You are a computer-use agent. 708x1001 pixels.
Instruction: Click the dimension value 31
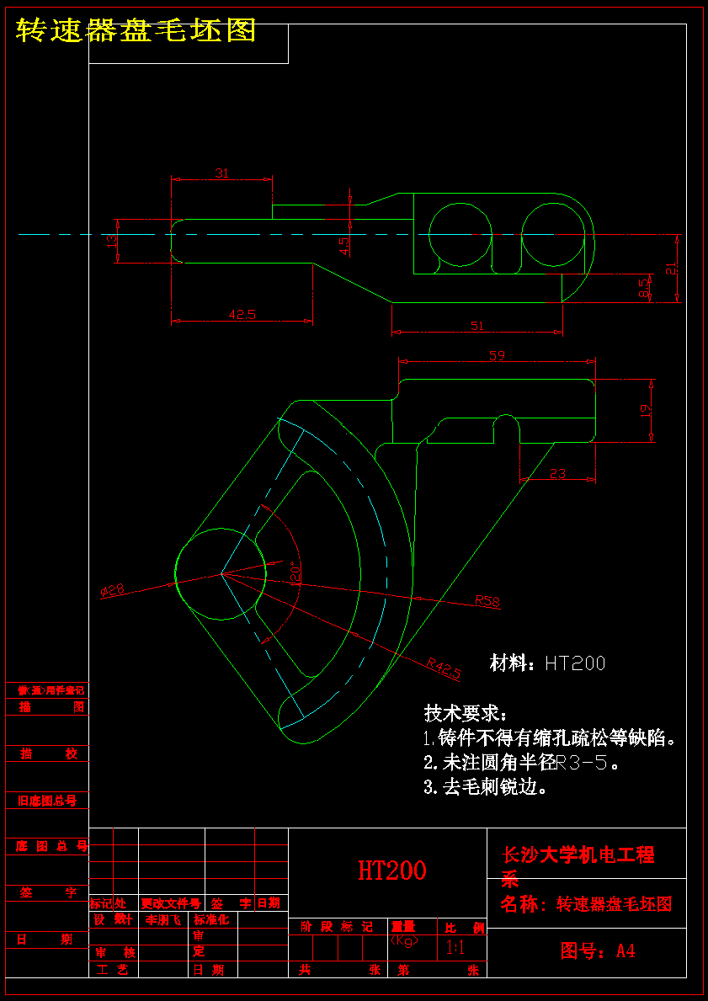221,173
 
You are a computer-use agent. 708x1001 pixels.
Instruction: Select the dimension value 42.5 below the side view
242,315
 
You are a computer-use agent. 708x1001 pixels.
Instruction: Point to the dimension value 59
497,355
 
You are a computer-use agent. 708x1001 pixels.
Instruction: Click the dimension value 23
557,473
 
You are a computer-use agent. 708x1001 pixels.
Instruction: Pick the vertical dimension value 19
646,410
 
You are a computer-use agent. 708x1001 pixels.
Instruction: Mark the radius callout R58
487,600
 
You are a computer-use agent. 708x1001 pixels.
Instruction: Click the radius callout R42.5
444,668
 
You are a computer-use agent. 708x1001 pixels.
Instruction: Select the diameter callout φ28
112,591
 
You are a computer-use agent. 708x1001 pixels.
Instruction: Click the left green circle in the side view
460,235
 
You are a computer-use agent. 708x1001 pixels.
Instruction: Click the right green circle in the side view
553,235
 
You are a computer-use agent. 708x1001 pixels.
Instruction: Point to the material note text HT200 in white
575,663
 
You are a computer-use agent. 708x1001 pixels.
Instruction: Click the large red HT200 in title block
391,871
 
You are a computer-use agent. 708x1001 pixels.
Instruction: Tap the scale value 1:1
455,948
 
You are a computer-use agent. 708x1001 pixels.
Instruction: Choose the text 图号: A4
598,951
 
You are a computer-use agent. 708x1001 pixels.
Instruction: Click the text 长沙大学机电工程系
578,866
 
